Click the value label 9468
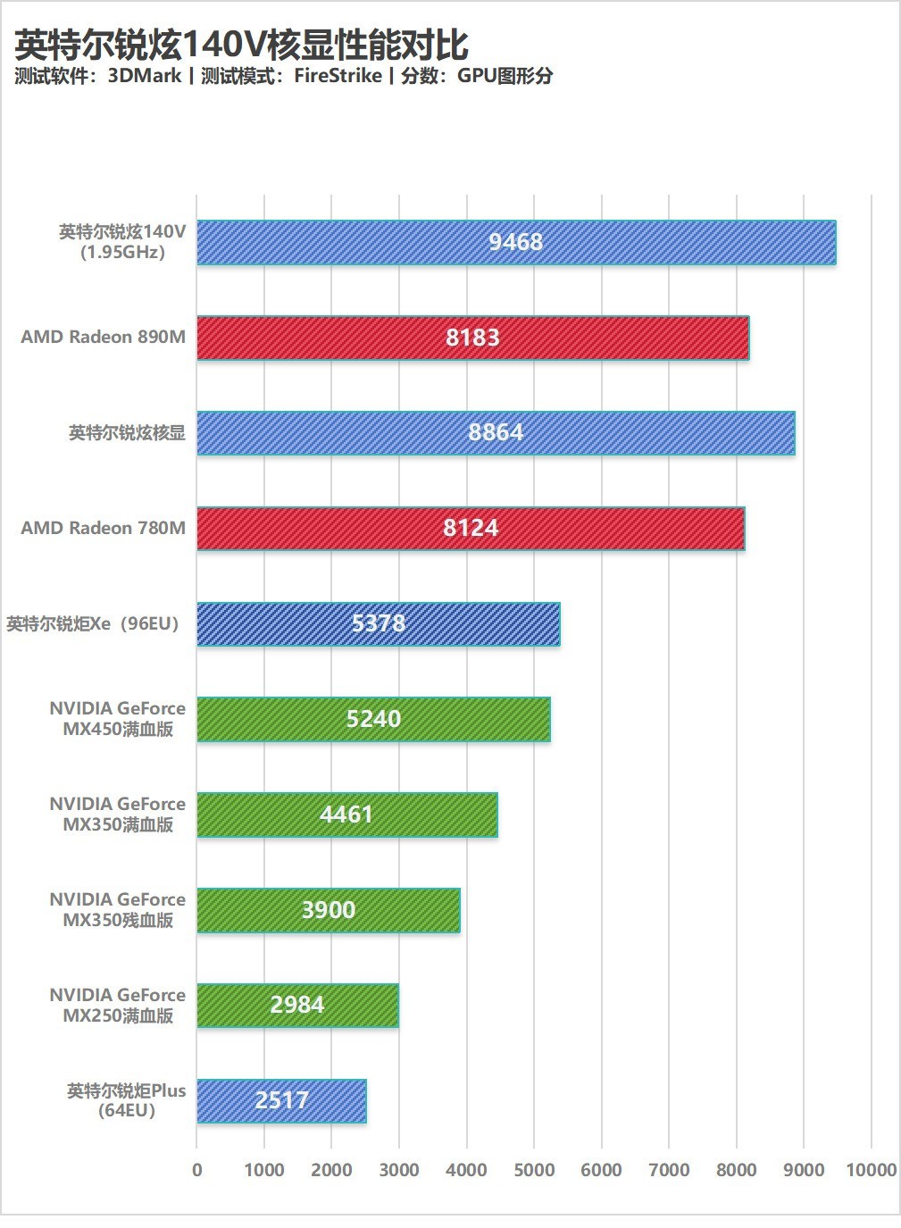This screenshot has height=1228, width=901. click(515, 242)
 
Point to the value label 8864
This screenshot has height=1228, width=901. click(496, 432)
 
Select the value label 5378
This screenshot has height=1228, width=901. click(379, 623)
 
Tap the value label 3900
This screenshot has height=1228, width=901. click(329, 910)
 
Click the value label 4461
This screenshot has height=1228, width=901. click(346, 814)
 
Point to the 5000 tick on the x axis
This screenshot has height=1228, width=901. click(534, 1170)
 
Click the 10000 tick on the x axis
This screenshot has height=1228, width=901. click(871, 1170)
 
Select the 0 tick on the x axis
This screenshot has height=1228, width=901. click(197, 1170)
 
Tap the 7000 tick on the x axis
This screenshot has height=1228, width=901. click(669, 1170)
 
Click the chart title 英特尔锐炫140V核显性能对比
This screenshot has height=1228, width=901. click(241, 45)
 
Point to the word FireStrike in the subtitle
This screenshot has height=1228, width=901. click(338, 76)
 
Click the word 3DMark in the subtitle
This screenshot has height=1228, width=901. click(145, 76)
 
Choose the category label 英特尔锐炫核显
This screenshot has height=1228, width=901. click(127, 433)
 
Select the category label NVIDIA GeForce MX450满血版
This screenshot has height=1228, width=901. click(118, 718)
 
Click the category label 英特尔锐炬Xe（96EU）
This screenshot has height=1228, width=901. click(93, 623)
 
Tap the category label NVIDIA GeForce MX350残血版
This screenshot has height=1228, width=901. click(118, 909)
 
